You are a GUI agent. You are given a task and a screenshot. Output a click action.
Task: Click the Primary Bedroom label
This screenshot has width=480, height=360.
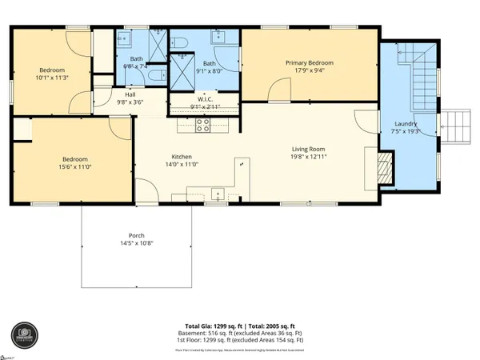pos(309,62)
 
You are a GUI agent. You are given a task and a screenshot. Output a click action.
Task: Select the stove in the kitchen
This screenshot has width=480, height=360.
pos(203,125)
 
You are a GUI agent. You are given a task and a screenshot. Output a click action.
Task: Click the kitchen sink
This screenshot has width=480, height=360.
pos(216,191)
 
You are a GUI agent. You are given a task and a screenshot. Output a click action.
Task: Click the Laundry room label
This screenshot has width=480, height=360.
pos(406,124)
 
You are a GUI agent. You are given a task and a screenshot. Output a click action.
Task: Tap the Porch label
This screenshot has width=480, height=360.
pos(137,236)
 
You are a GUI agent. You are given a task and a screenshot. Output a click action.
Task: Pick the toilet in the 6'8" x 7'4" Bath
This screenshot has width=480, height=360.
pos(160,72)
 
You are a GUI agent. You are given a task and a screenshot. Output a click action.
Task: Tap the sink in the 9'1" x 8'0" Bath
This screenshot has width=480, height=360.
pos(218,38)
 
